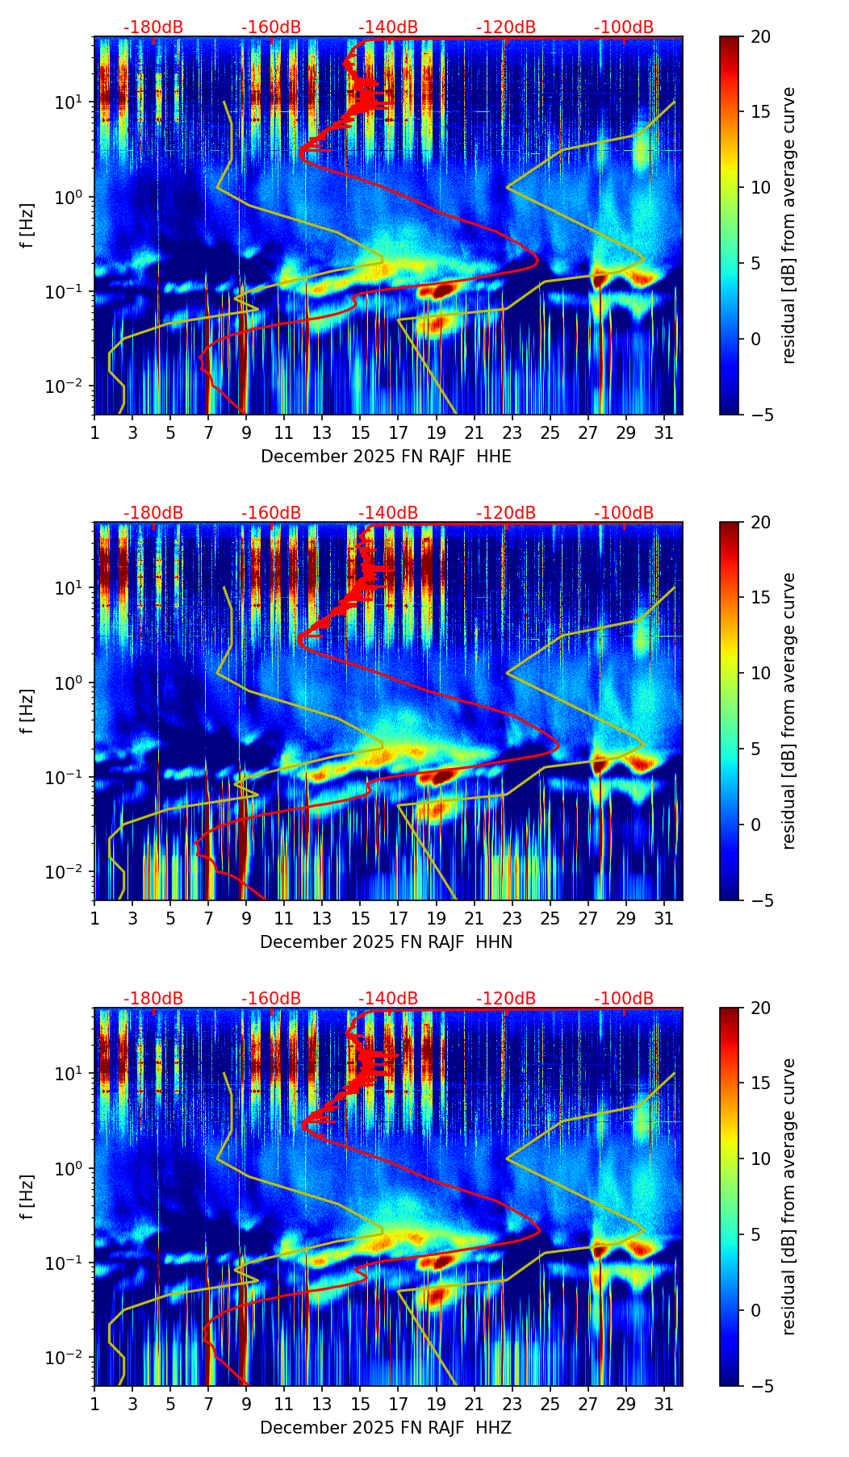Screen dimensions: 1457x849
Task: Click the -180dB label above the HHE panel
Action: point(153,27)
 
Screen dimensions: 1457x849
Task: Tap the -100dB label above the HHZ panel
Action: point(624,999)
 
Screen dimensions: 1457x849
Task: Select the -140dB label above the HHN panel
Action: point(388,513)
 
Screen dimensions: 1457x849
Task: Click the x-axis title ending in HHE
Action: point(386,457)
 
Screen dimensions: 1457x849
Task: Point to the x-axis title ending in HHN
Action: point(386,942)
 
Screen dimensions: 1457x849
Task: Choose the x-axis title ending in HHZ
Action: point(386,1428)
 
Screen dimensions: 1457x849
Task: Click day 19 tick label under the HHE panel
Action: point(436,433)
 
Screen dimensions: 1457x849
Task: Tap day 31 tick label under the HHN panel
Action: point(664,919)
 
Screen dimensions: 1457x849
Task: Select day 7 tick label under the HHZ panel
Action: point(208,1405)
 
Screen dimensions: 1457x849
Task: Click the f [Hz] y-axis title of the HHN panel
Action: point(27,711)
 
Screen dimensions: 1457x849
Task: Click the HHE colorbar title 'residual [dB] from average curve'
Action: point(789,225)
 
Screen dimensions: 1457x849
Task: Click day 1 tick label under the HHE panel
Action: point(94,433)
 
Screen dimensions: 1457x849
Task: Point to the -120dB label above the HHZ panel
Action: point(506,999)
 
